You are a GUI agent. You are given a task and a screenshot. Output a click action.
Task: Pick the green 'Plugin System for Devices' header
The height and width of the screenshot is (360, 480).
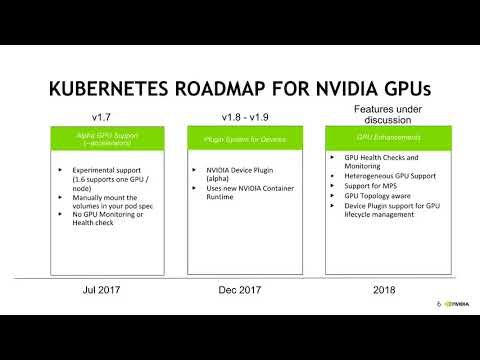238,137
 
